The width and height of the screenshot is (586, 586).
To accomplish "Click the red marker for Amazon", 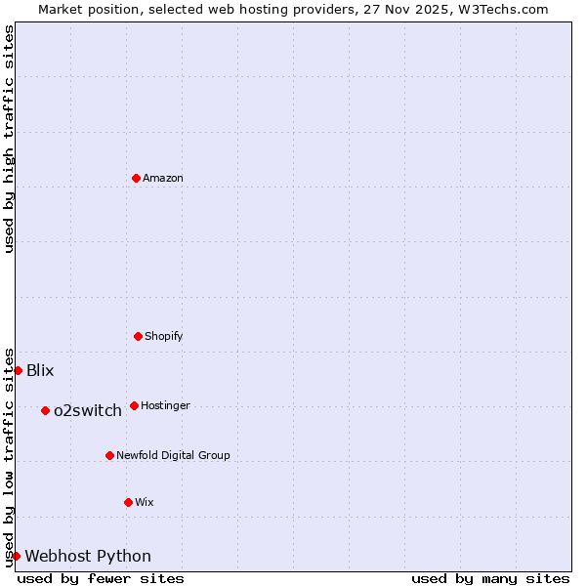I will [137, 178].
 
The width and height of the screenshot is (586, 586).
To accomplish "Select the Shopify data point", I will [138, 336].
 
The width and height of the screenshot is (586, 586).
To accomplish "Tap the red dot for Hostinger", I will [134, 405].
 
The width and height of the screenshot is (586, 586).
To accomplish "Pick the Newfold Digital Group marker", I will [109, 455].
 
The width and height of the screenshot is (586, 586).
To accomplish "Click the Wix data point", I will [128, 502].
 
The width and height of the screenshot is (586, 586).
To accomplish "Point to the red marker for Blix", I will [18, 370].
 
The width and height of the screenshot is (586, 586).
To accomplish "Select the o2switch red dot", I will [45, 410].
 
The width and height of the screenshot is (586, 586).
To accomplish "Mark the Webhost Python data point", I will [16, 556].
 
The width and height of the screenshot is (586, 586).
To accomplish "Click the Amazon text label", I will [163, 178].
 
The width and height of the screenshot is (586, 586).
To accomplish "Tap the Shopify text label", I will [164, 336].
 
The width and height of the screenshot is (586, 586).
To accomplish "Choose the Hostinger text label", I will [166, 405].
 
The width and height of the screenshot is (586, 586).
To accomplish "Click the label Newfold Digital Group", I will [174, 455].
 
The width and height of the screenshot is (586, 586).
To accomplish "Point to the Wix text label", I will [145, 502].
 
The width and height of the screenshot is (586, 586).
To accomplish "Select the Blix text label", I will [40, 370].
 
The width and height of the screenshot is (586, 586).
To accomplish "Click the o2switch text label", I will [88, 410].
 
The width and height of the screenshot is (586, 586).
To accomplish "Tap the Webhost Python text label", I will [88, 556].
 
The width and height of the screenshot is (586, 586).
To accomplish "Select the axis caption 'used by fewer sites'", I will [101, 578].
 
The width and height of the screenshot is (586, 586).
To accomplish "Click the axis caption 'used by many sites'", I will [490, 578].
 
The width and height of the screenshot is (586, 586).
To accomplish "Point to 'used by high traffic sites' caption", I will [9, 139].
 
